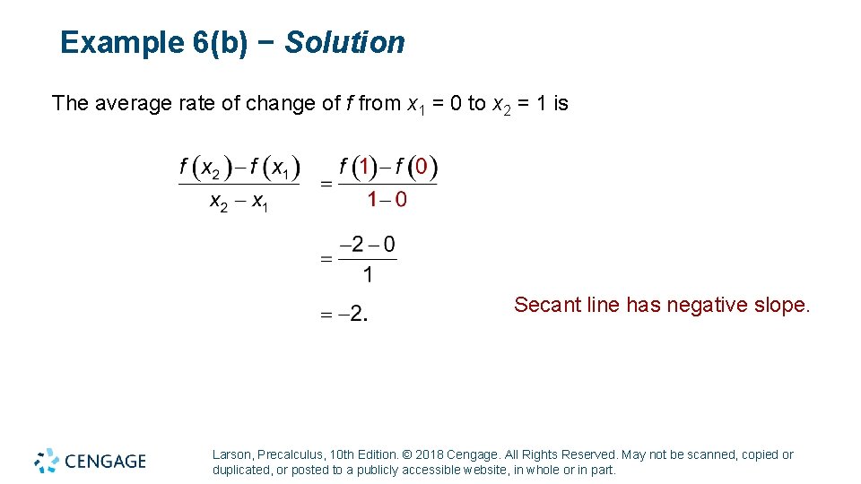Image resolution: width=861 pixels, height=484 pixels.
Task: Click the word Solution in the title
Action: (x=345, y=42)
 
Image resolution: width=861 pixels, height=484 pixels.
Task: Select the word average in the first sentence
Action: (x=127, y=104)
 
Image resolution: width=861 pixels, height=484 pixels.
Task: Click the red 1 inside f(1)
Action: (x=362, y=167)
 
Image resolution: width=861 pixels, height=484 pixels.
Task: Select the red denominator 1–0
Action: (x=387, y=199)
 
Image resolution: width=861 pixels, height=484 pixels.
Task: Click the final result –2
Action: (x=355, y=314)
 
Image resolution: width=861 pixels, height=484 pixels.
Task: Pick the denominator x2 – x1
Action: (x=239, y=203)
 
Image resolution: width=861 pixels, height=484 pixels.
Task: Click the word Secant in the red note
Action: (x=547, y=306)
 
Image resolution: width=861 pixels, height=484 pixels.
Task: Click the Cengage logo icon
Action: (x=47, y=460)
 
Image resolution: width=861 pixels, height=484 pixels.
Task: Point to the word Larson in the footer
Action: (x=231, y=454)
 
